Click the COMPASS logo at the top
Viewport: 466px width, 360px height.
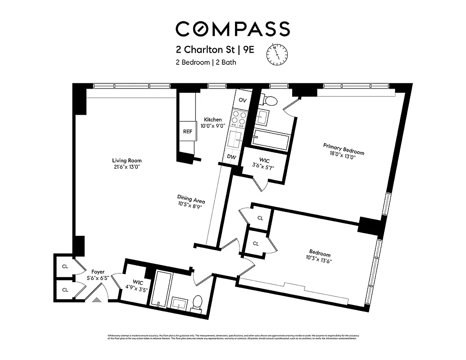[232, 29]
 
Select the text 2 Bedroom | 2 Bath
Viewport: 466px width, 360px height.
[206, 63]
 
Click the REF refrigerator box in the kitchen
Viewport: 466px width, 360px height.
[187, 132]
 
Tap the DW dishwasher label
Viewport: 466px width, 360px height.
[232, 157]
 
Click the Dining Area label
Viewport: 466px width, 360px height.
[191, 199]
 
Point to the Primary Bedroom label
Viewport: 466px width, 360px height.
[344, 148]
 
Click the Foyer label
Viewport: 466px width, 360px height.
[98, 272]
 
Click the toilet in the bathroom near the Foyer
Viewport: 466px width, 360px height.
[197, 302]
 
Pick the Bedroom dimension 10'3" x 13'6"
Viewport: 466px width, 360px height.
[320, 260]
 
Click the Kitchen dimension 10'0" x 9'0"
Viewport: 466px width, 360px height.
[213, 126]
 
